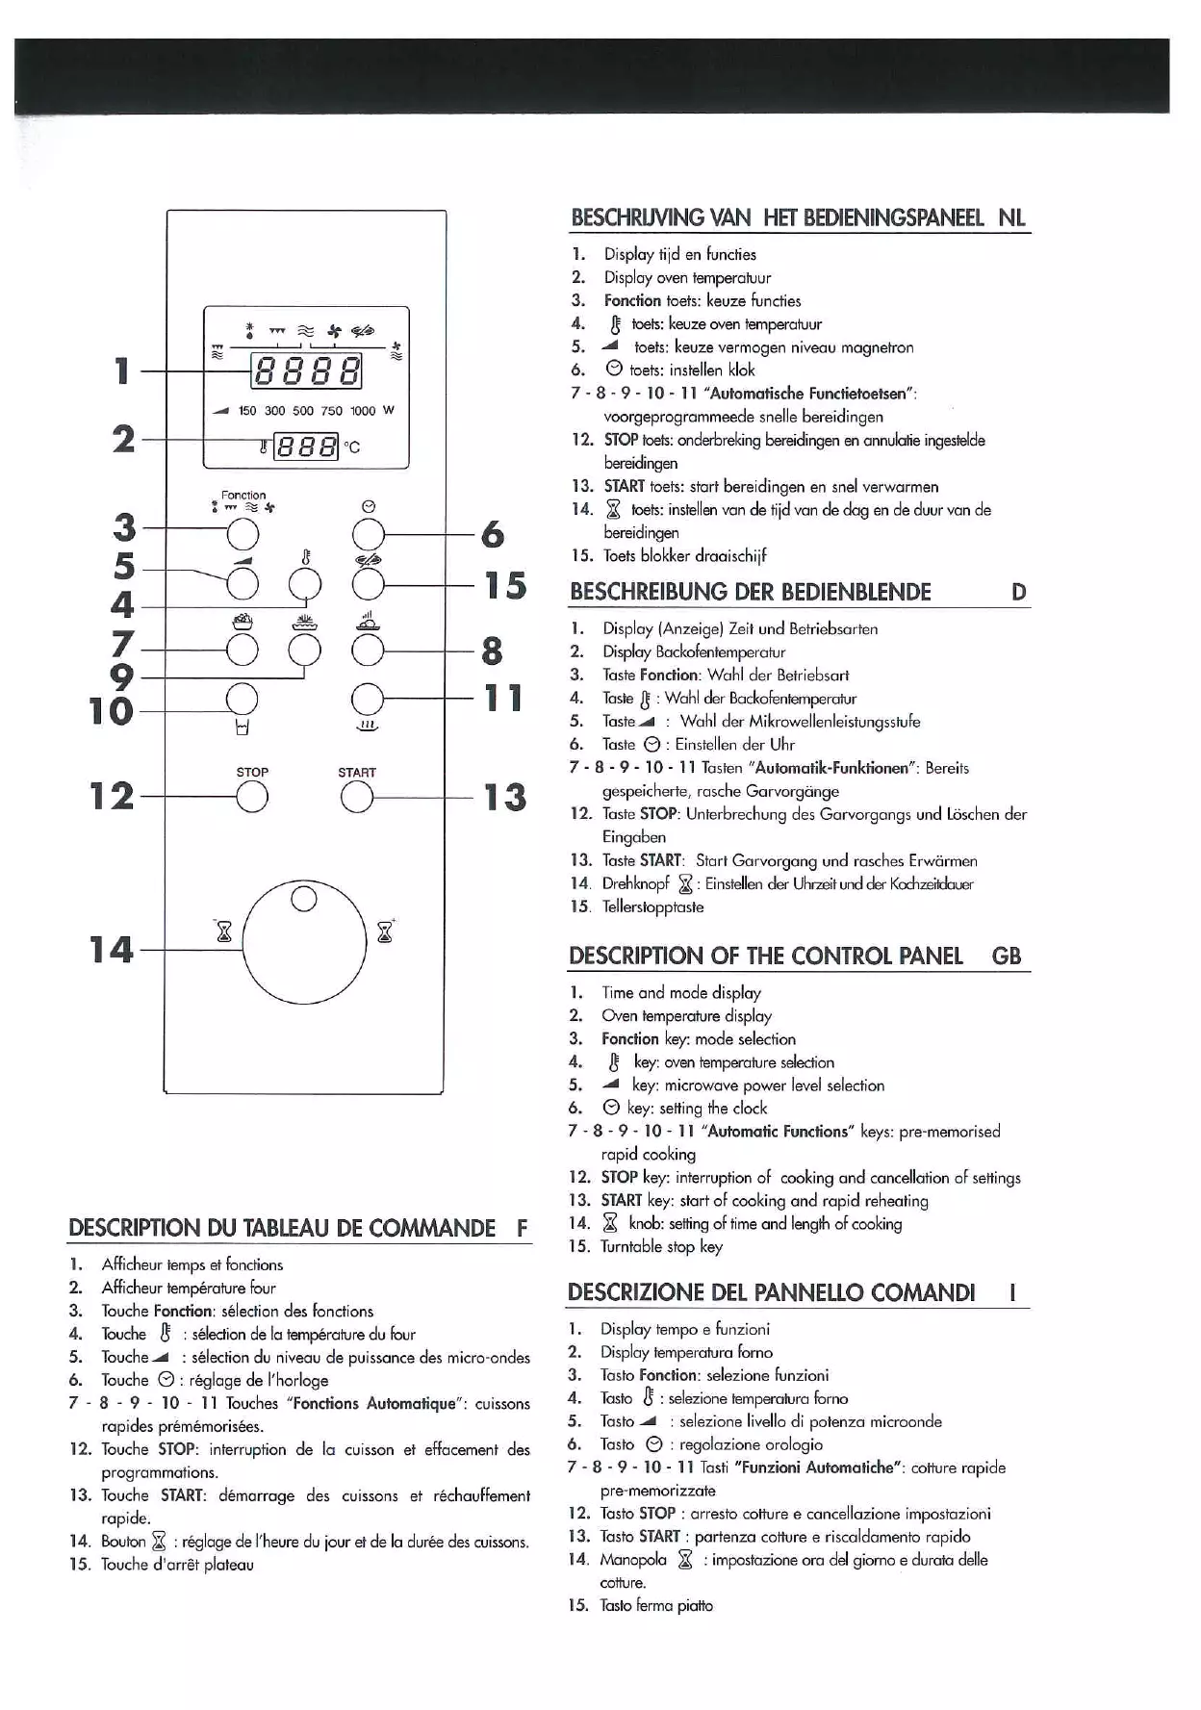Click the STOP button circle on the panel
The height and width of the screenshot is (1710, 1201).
[x=251, y=797]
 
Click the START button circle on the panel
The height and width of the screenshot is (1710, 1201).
[x=356, y=797]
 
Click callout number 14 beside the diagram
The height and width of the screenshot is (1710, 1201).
[x=111, y=950]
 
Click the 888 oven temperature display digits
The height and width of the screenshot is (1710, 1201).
[x=307, y=447]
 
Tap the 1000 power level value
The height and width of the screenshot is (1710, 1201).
[x=363, y=411]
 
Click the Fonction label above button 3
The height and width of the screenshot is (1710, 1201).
[x=243, y=496]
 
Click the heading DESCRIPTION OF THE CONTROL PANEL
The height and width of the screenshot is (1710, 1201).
[x=765, y=956]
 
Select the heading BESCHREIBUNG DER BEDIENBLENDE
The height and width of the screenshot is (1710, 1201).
[x=751, y=592]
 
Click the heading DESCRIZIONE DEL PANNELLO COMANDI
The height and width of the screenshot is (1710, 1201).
[x=771, y=1292]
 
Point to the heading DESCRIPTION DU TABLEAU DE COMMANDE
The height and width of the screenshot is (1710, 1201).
[x=282, y=1228]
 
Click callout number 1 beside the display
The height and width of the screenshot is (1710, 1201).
[x=121, y=370]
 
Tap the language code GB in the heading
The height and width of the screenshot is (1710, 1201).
[x=1006, y=956]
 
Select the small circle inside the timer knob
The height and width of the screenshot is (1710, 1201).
[x=304, y=900]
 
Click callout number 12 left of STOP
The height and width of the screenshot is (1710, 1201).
[x=111, y=796]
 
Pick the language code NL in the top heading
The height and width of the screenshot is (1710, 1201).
[x=1011, y=217]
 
